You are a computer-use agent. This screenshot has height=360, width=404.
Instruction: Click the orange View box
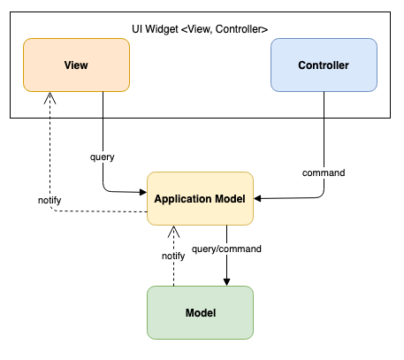tap(77, 65)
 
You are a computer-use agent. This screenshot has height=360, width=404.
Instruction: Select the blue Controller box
tap(324, 65)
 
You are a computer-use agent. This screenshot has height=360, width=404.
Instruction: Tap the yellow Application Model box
tap(201, 199)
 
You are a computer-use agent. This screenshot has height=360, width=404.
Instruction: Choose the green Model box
tap(201, 313)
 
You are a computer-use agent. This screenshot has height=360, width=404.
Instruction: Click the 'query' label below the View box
tap(103, 157)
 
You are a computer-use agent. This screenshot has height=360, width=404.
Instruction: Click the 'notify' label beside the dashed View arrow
tap(50, 200)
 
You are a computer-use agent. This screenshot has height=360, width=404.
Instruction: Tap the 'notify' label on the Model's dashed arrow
tap(173, 256)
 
